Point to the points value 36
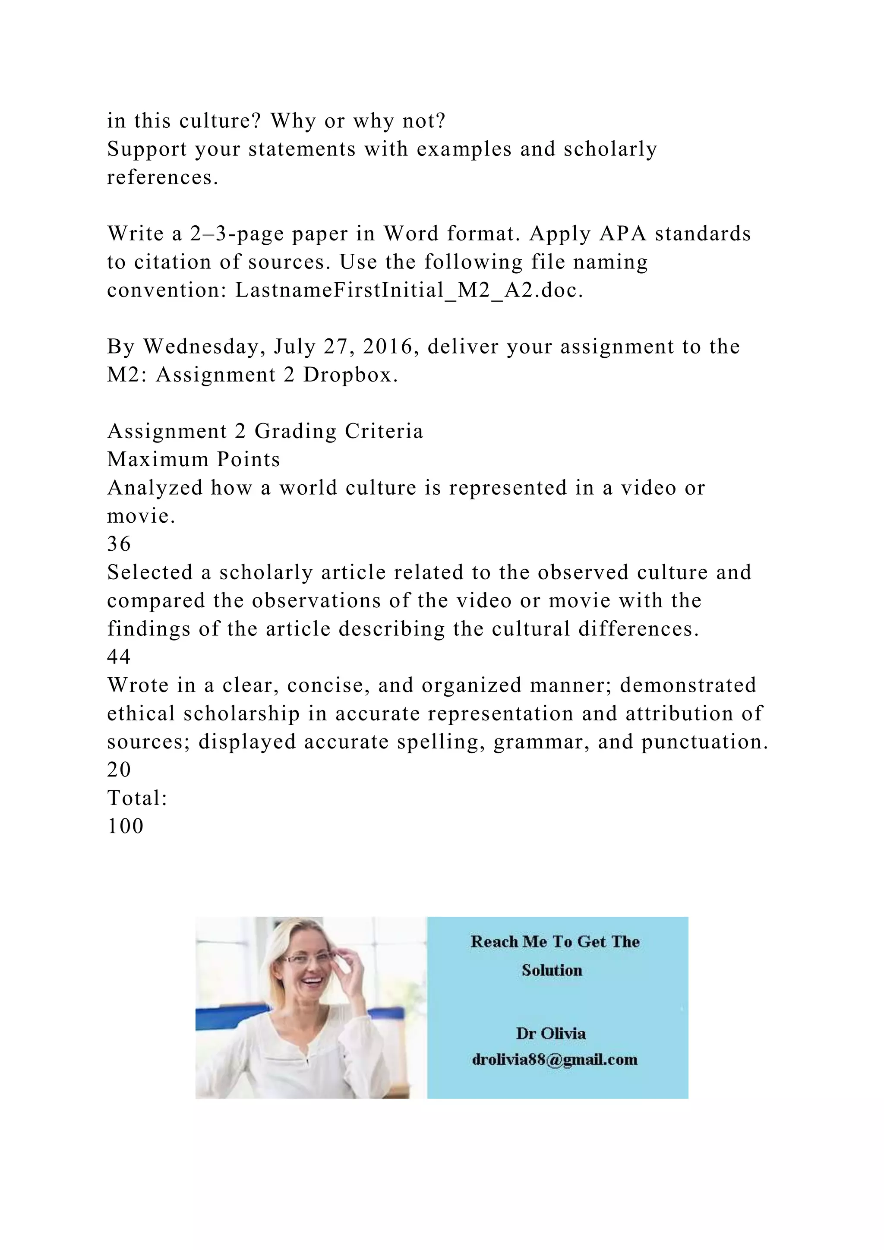click(119, 544)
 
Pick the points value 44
click(119, 657)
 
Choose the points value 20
click(119, 770)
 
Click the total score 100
click(126, 827)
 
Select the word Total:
click(137, 799)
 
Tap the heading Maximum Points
click(194, 460)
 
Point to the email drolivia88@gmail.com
click(555, 1060)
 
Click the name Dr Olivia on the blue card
click(551, 1034)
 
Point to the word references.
click(162, 178)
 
